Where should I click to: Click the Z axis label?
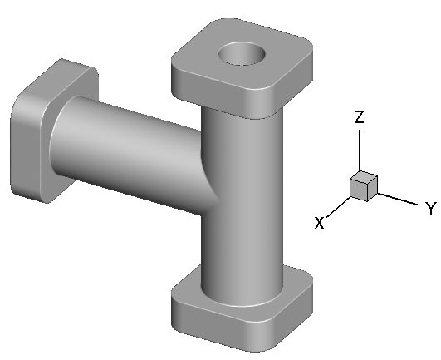(x=359, y=118)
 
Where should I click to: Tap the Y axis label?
(x=430, y=208)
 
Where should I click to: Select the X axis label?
(x=319, y=223)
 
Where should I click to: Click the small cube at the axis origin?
(x=363, y=187)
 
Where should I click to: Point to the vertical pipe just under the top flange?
(x=241, y=133)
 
